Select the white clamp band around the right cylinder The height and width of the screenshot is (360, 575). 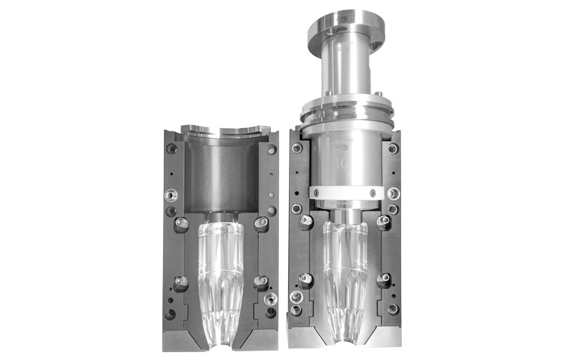tap(345, 193)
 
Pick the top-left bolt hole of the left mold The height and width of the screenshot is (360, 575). tap(172, 149)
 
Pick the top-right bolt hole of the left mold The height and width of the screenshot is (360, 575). tap(271, 149)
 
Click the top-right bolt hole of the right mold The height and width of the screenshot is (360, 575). tap(392, 149)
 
